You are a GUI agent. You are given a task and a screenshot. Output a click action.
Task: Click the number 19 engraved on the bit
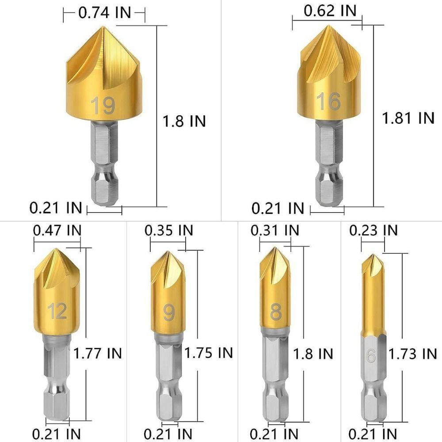tap(103, 106)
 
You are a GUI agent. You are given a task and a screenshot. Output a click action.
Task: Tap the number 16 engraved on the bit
tap(328, 101)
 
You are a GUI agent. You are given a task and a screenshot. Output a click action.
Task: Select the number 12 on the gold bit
tap(58, 311)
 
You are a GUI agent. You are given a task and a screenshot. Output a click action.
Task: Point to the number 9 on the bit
tap(168, 312)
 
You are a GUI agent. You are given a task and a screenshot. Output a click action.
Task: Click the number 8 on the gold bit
tap(276, 312)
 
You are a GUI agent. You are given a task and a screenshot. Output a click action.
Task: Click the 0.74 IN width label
tap(105, 13)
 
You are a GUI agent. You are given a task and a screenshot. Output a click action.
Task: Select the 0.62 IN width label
tap(330, 11)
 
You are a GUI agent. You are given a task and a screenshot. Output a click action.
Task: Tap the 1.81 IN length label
tap(408, 118)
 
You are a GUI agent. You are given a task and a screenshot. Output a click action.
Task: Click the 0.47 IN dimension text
tap(57, 230)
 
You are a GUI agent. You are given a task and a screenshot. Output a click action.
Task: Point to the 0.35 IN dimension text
tap(169, 230)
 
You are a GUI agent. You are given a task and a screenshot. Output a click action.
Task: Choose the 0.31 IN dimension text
tap(274, 230)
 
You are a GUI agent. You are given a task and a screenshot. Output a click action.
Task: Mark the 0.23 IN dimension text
tap(373, 230)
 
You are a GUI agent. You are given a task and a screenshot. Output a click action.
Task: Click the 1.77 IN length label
tap(98, 353)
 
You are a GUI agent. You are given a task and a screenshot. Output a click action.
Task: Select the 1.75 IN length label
tap(208, 353)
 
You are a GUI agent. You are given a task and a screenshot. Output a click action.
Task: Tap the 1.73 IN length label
tap(413, 354)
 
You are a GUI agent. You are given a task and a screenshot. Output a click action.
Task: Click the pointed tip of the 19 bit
tap(103, 27)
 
